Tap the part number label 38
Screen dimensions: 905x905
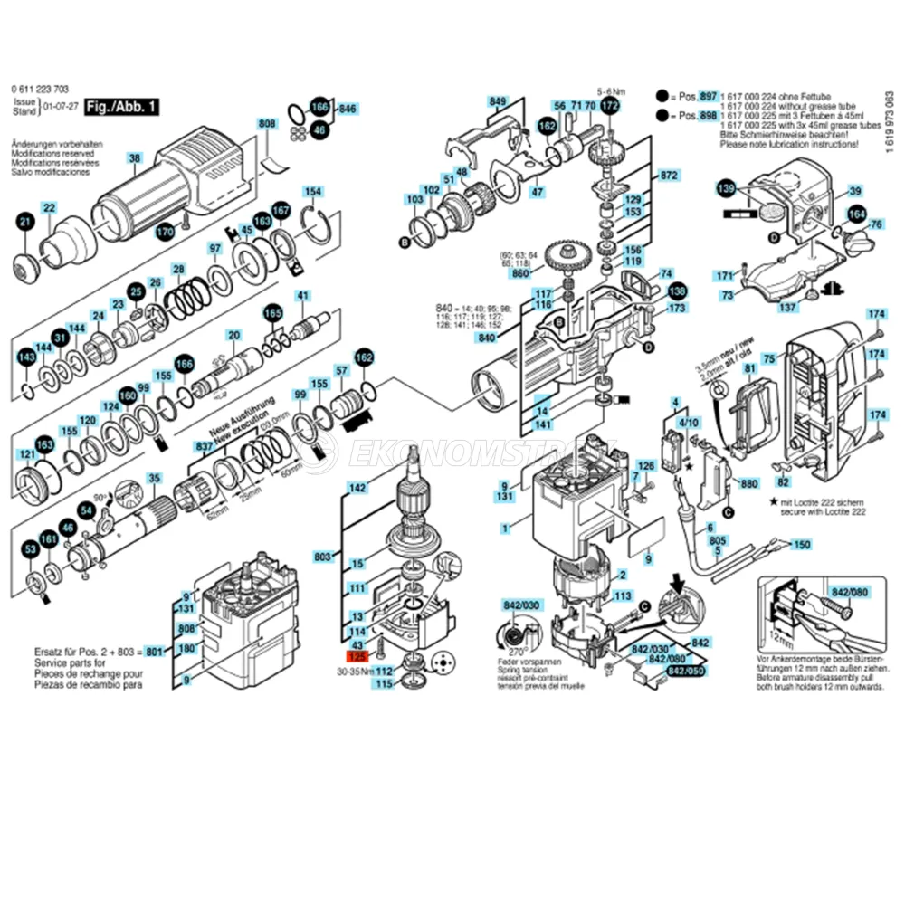pyautogui.click(x=135, y=159)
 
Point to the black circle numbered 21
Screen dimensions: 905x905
pyautogui.click(x=25, y=223)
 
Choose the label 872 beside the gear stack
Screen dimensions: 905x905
pyautogui.click(x=669, y=175)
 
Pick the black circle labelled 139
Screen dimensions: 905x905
pyautogui.click(x=726, y=188)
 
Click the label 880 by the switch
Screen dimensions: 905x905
pyautogui.click(x=748, y=485)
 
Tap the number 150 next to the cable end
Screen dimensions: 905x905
pyautogui.click(x=801, y=545)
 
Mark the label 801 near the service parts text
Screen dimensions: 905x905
pyautogui.click(x=155, y=651)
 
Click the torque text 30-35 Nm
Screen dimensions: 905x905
pyautogui.click(x=355, y=672)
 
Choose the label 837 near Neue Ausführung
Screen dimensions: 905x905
pyautogui.click(x=205, y=447)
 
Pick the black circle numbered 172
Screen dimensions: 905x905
pyautogui.click(x=610, y=106)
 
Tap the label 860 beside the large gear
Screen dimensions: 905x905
pyautogui.click(x=519, y=273)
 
